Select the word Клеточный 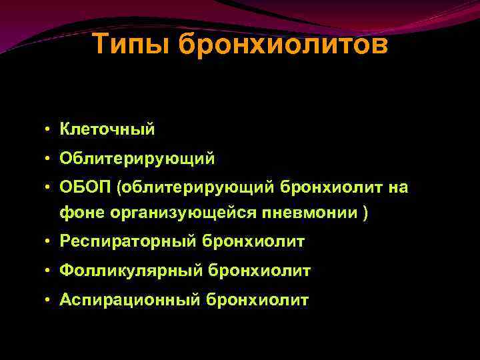pos(107,129)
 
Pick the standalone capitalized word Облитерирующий pos(137,159)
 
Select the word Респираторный pos(127,241)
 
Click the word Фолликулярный pos(131,271)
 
